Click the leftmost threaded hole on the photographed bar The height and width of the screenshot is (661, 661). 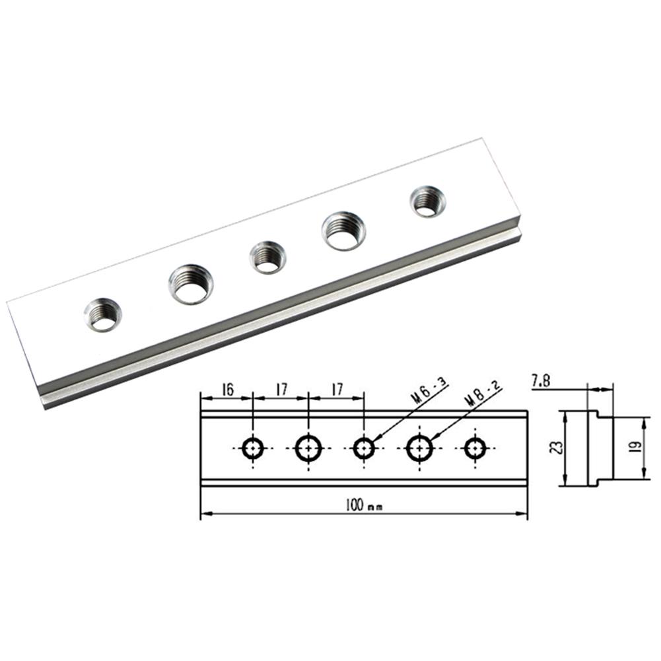tap(103, 314)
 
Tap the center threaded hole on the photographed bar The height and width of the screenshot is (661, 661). tap(267, 257)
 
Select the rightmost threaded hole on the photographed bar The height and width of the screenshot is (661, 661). tap(427, 201)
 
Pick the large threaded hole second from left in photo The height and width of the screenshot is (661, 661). tap(191, 284)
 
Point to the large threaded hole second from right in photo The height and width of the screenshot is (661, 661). tap(344, 230)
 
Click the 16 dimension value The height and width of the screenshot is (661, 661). tap(226, 390)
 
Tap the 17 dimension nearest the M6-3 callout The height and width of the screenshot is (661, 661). tap(336, 390)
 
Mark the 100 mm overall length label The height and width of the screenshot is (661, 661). tap(363, 505)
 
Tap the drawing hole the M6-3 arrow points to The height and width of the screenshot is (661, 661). tap(363, 448)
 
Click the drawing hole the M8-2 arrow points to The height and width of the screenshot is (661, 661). tap(419, 448)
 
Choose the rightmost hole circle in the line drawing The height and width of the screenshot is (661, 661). tap(473, 448)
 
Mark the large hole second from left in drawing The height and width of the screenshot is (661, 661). tap(308, 448)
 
